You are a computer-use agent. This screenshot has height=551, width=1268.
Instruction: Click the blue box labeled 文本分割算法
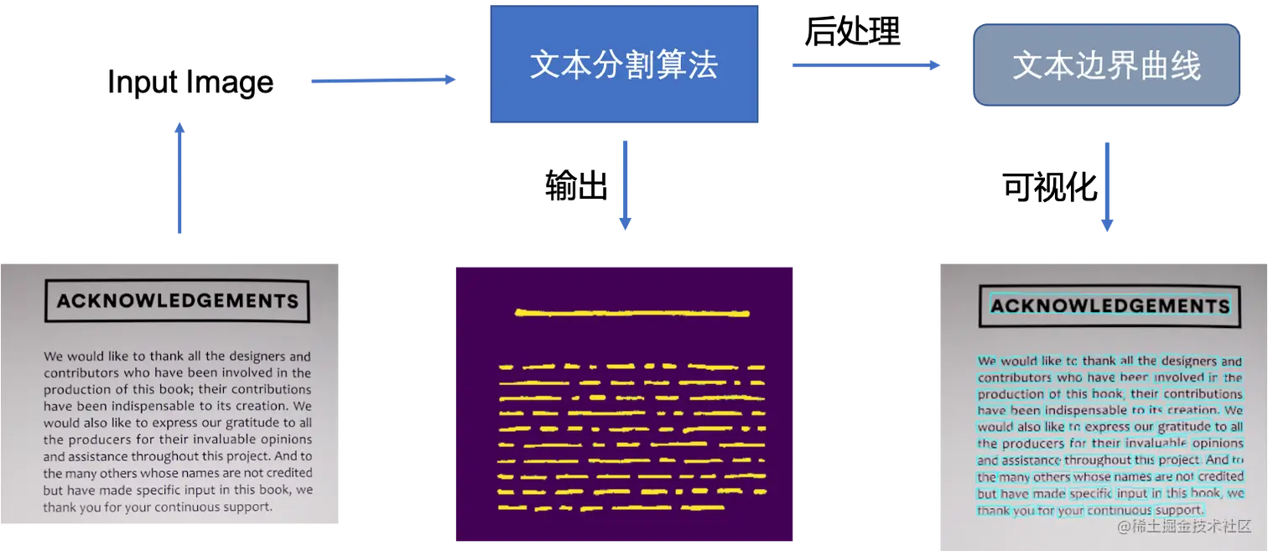coord(624,65)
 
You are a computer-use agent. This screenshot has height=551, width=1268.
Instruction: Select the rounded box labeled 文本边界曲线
coord(1106,65)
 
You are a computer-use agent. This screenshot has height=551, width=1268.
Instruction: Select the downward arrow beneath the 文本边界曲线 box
coord(1107,185)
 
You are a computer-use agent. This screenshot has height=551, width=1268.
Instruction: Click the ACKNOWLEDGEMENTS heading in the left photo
coord(177,301)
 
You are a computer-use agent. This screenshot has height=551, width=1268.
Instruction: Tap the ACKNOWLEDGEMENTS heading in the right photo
coord(1109,305)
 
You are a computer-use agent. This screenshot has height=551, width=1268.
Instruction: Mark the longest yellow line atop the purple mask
coord(631,314)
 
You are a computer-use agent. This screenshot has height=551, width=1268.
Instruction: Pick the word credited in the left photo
coord(285,473)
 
